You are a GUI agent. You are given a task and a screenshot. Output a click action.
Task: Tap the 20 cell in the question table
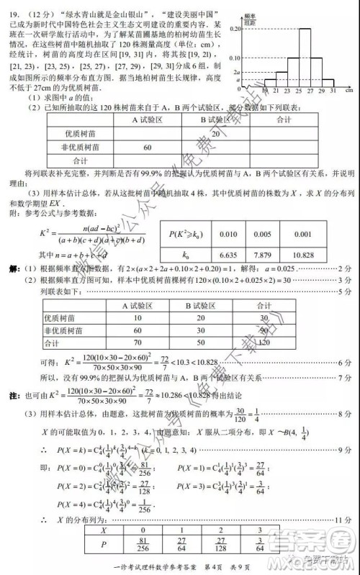pos(215,133)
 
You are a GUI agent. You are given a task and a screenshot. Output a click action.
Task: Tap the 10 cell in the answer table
pos(138,317)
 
